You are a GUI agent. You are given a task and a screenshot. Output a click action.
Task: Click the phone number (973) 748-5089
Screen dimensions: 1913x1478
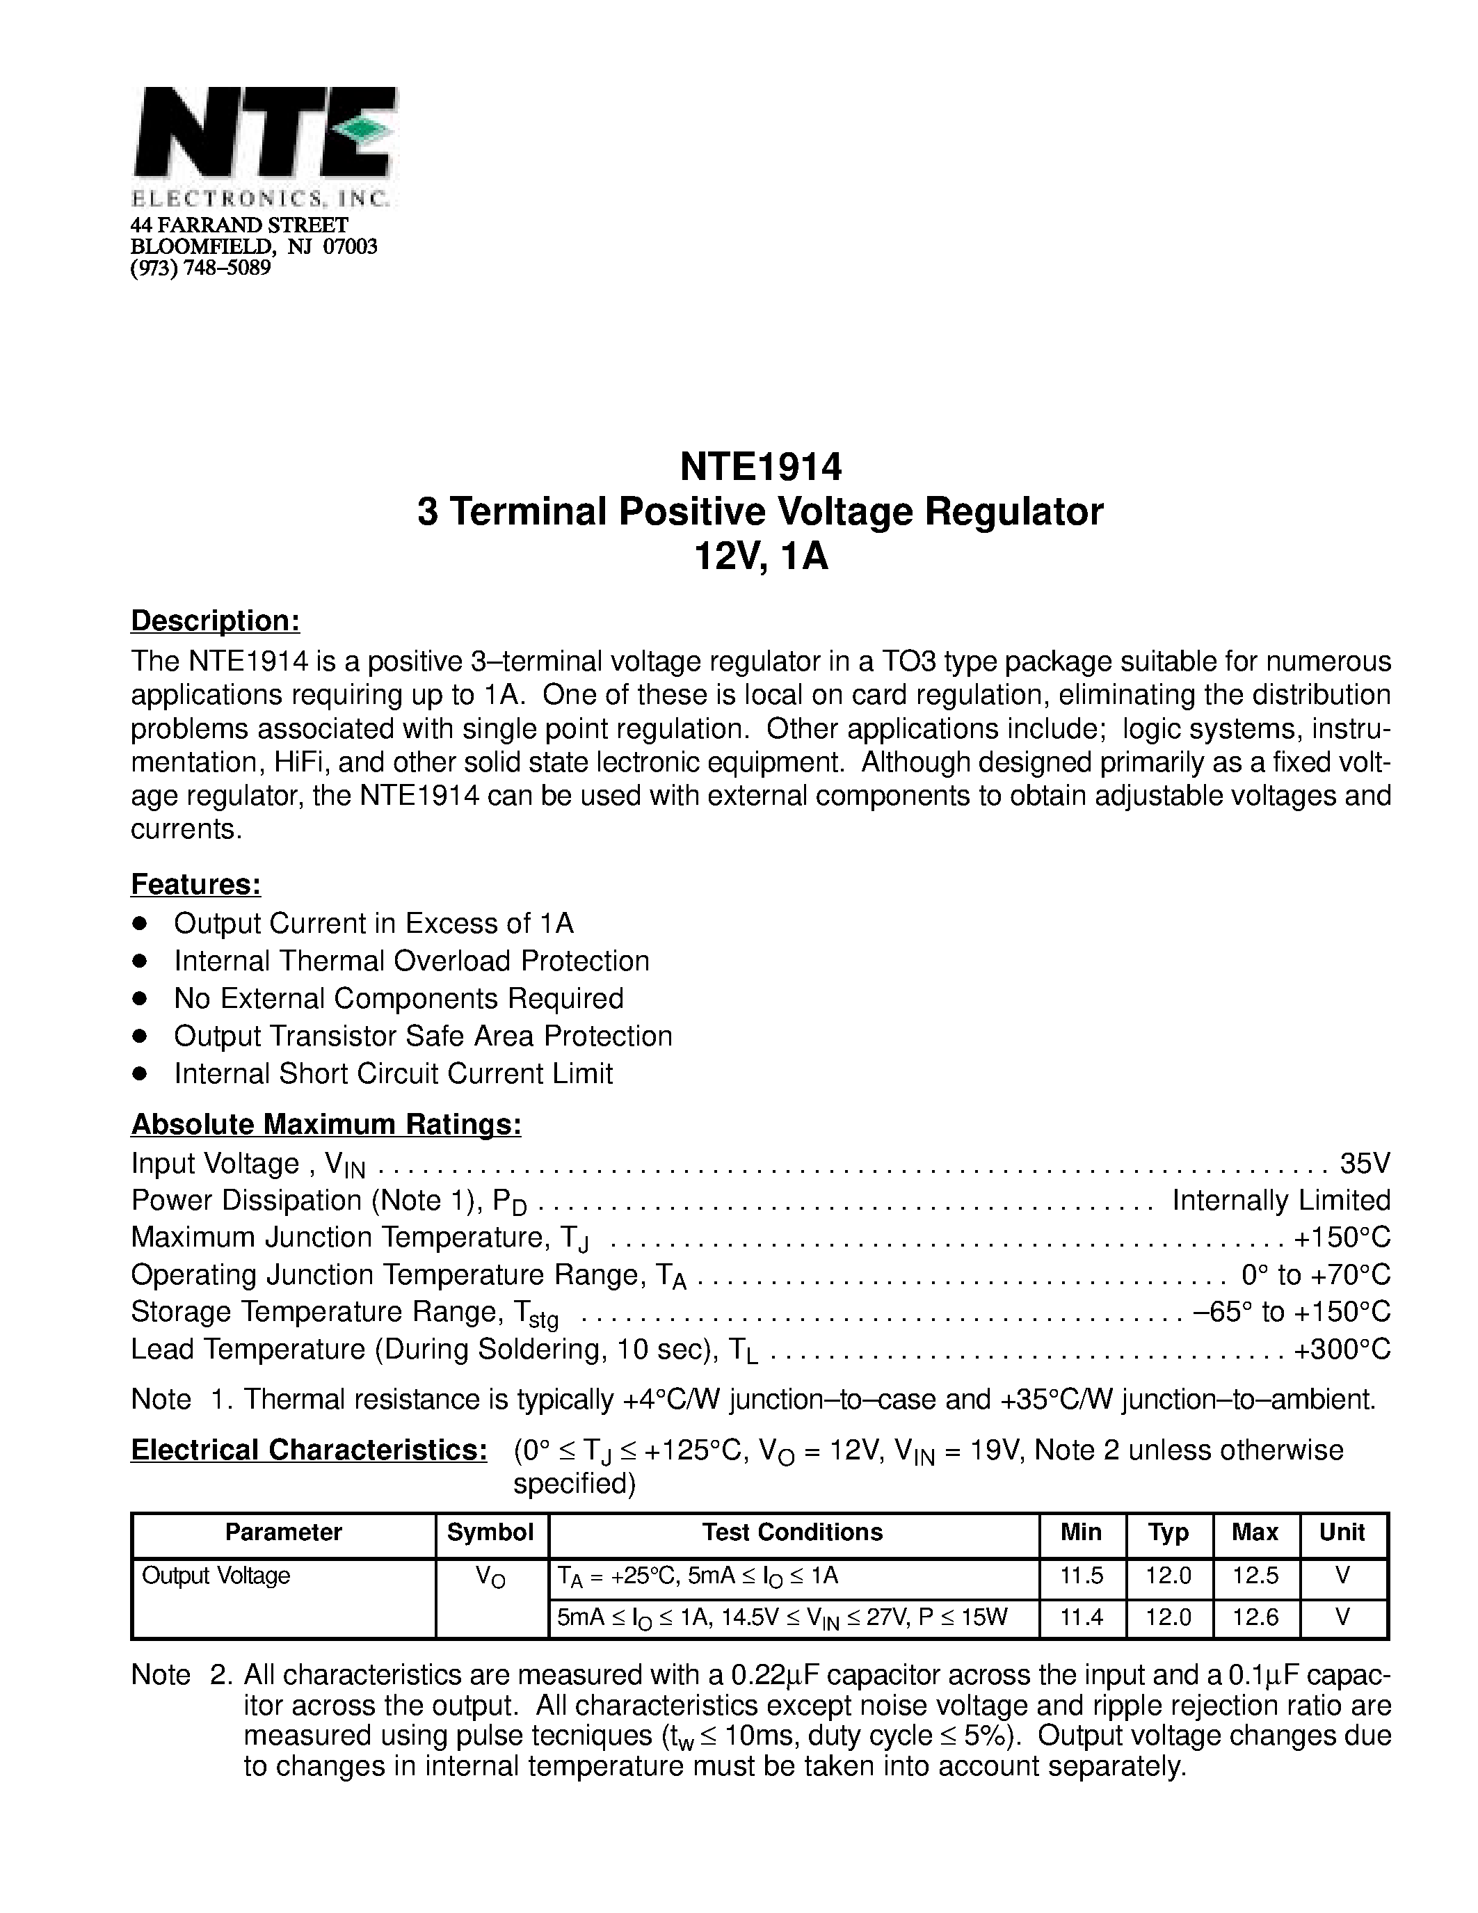tap(200, 268)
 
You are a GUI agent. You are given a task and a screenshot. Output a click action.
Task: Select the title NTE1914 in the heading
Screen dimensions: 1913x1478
tap(760, 467)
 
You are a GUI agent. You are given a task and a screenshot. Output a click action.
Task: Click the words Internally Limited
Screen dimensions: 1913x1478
tap(1281, 1200)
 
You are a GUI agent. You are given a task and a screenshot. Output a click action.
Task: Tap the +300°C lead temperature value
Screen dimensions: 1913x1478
tap(1342, 1349)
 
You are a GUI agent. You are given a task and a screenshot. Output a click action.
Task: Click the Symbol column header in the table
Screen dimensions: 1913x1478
tap(490, 1532)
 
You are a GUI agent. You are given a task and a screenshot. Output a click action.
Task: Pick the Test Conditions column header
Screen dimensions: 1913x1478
tap(792, 1532)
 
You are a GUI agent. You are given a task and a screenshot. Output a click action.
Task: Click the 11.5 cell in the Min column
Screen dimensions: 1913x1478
tap(1082, 1576)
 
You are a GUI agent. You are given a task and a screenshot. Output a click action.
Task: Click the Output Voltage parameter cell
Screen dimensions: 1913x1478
tap(216, 1576)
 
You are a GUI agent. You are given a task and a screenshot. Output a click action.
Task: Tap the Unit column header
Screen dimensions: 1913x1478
tap(1342, 1532)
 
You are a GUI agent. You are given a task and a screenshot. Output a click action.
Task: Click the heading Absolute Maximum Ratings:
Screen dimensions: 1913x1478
tap(326, 1123)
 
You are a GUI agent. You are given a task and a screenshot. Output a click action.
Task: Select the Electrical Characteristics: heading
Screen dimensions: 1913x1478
tap(308, 1450)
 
